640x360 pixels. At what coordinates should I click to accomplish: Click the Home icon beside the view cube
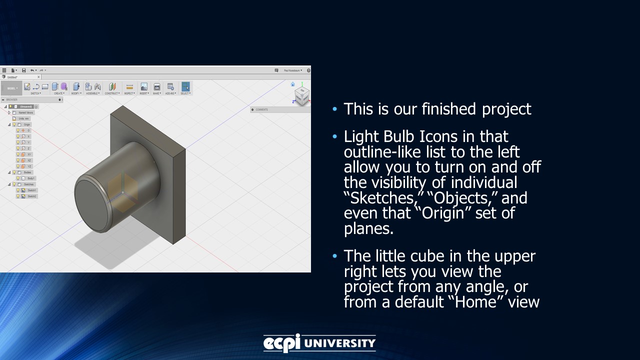tap(292, 84)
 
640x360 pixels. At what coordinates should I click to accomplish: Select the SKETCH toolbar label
tap(35, 93)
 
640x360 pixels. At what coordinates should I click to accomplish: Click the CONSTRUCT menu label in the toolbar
tap(112, 93)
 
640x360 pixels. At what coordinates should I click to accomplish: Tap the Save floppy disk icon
tap(23, 70)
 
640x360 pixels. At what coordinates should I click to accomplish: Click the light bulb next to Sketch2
tap(18, 196)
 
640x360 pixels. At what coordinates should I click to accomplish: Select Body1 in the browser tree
tap(31, 178)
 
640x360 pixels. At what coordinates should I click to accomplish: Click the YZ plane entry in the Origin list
tap(29, 166)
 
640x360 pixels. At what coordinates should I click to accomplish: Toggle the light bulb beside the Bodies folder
tap(14, 172)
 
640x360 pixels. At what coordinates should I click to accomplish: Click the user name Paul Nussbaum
tap(292, 70)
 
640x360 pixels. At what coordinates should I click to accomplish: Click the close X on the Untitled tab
tap(38, 77)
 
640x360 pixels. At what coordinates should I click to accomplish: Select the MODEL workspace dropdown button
tap(11, 88)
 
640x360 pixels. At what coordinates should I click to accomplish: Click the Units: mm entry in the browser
tap(24, 118)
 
